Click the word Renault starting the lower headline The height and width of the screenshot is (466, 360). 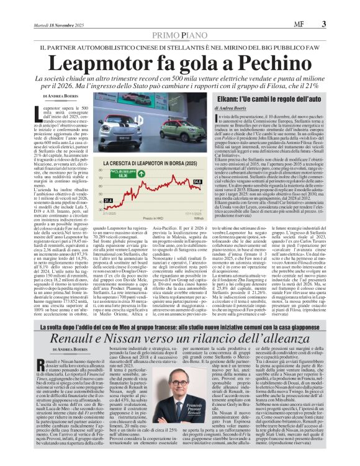(78, 337)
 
